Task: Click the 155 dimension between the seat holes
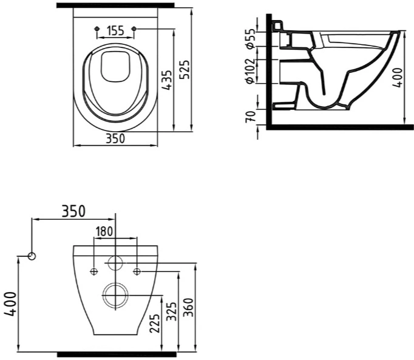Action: (116, 30)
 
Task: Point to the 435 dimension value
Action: (167, 80)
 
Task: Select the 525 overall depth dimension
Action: (185, 69)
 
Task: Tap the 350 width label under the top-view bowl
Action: (115, 138)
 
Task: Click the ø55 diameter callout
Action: (250, 39)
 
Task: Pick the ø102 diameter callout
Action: (250, 71)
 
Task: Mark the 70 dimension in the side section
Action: (250, 117)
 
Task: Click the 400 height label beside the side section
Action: (397, 77)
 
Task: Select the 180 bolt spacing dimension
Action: (104, 231)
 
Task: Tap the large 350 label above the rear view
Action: (73, 211)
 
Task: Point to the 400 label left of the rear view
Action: (10, 304)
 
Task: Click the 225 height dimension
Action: (155, 324)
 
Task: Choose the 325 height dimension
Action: (172, 311)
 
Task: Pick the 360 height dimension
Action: (189, 307)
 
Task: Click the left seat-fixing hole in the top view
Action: (97, 29)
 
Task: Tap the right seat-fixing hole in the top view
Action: (134, 29)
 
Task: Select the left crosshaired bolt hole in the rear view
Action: (94, 271)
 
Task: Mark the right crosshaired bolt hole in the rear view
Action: (137, 271)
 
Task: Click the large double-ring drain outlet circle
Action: (115, 283)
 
